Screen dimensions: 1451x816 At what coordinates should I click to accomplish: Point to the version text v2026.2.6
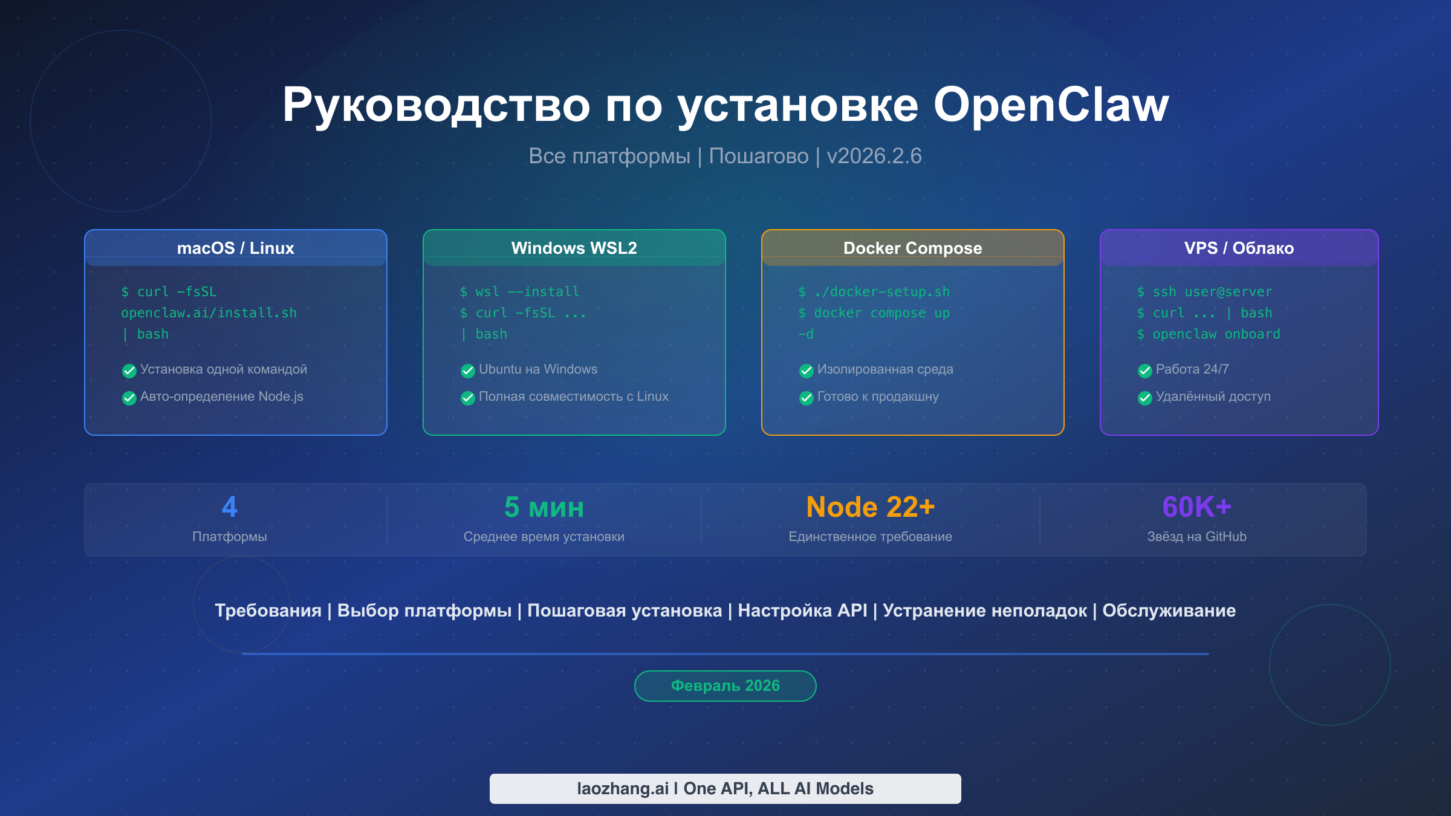tap(874, 156)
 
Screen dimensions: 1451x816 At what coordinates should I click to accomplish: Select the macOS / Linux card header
tap(236, 248)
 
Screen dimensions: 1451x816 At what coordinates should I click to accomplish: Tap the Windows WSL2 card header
tap(574, 248)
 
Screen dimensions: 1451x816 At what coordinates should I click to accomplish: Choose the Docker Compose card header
tap(913, 248)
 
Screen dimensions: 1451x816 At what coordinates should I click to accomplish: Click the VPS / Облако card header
tap(1239, 248)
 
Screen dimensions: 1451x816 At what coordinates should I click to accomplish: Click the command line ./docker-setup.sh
tap(874, 292)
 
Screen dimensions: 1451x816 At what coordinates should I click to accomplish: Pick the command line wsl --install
tap(520, 292)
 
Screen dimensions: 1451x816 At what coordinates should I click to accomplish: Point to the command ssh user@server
tap(1205, 292)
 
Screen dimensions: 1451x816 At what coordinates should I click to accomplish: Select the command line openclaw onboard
tap(1209, 334)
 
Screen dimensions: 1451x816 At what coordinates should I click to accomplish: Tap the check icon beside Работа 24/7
tap(1144, 371)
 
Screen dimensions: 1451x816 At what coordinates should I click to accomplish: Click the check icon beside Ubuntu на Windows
tap(467, 371)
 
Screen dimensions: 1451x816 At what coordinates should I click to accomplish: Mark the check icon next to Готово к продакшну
tap(806, 398)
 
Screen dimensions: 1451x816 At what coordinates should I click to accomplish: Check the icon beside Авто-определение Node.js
tap(129, 398)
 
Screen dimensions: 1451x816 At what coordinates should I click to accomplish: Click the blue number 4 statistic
tap(230, 507)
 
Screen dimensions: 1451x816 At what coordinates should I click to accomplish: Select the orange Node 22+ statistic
tap(871, 507)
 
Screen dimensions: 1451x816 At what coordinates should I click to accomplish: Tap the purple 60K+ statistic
tap(1197, 507)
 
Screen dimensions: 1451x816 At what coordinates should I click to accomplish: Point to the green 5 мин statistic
tap(544, 507)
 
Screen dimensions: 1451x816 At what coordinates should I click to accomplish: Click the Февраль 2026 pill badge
tap(725, 686)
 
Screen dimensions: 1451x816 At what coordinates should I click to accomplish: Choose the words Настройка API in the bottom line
tap(802, 610)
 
